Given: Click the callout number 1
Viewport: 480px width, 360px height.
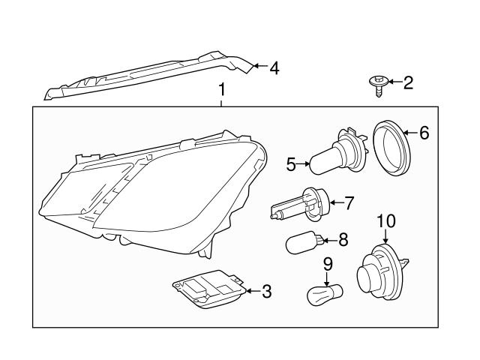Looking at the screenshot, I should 221,91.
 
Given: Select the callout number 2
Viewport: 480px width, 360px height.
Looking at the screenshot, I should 408,82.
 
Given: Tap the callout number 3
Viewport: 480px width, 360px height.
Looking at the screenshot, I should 266,291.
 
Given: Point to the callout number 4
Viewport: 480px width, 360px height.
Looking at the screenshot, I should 274,68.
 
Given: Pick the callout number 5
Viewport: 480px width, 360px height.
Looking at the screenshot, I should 291,164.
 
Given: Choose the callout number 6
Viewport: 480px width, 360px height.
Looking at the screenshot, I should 424,133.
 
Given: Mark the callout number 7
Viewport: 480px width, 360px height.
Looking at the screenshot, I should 348,202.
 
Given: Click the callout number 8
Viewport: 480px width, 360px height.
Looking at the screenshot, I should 343,240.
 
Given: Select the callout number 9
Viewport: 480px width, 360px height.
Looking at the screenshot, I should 327,263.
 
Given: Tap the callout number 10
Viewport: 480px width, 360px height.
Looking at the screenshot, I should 385,220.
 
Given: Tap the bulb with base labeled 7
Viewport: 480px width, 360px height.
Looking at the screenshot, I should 299,205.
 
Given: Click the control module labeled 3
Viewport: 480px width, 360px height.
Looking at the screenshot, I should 208,288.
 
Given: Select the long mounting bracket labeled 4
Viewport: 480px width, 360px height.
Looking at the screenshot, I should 150,76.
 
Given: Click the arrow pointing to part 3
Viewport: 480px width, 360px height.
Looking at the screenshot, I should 250,291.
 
